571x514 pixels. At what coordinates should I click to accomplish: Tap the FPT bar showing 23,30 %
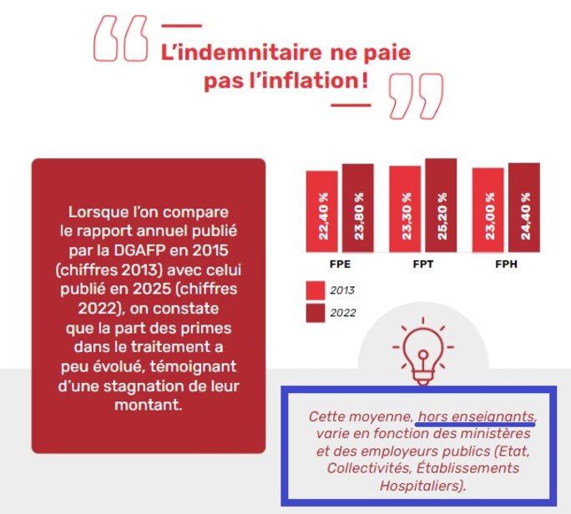405,209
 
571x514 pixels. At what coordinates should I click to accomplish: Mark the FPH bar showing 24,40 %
524,208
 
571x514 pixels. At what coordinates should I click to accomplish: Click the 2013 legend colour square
315,290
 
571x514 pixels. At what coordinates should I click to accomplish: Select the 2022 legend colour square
315,313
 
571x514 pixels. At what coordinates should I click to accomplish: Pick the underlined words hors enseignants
477,416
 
